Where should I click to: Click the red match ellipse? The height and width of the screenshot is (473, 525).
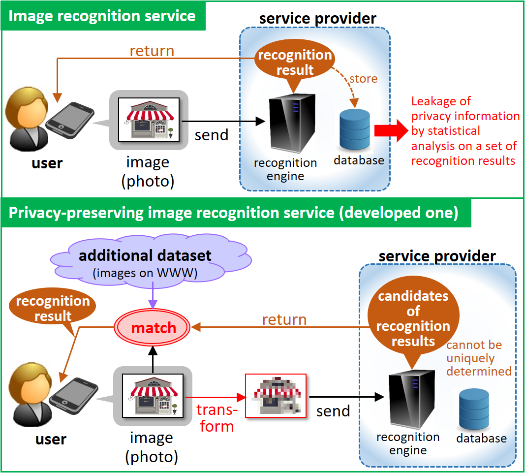[x=153, y=327]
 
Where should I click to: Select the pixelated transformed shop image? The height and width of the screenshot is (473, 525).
[x=276, y=395]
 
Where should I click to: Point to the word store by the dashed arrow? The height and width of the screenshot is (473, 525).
[x=363, y=79]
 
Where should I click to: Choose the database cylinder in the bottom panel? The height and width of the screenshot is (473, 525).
[x=474, y=409]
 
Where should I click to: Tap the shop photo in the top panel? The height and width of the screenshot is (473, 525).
[x=148, y=119]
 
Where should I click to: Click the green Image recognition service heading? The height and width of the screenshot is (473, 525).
[x=103, y=16]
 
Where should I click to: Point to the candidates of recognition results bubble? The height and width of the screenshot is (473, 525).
[x=413, y=318]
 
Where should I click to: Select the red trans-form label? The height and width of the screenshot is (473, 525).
[x=216, y=417]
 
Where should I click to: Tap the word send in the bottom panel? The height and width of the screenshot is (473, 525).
[x=333, y=411]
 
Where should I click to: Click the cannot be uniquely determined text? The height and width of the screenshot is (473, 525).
[x=479, y=358]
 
